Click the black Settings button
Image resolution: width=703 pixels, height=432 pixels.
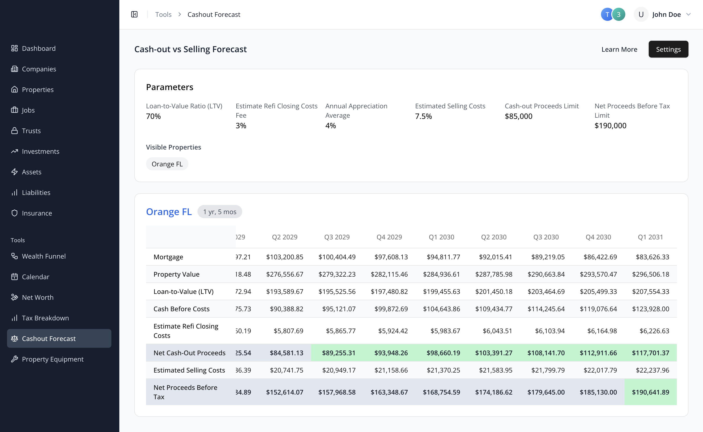pos(668,49)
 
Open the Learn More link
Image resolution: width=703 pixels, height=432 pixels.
pos(619,49)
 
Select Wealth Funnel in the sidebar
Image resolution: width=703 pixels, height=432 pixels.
pos(44,256)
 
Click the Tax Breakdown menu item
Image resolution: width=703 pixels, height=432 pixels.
pos(45,318)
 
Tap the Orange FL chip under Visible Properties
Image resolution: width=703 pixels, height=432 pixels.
pos(167,164)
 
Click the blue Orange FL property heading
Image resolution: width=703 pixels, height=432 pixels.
pos(169,212)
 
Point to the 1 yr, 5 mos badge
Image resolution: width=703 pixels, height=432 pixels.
pos(220,212)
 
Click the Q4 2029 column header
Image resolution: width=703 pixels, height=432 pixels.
pos(389,237)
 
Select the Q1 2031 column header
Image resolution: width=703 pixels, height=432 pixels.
pos(650,237)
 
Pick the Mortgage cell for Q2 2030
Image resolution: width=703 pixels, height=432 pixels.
pos(495,257)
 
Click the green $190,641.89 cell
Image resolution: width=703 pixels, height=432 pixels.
pos(650,392)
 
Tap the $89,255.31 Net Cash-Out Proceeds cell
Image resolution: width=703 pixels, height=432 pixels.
pos(338,353)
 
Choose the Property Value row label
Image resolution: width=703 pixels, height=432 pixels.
pos(176,274)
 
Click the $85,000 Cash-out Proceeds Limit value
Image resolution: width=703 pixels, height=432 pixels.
pos(518,116)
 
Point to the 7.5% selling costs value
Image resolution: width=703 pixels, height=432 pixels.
pos(423,116)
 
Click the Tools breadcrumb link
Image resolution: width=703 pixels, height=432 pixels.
pos(163,14)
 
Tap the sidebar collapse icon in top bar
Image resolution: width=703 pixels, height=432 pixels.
pos(134,14)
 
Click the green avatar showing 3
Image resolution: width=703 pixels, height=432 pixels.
pos(619,14)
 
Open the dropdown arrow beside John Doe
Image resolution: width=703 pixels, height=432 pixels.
pos(688,14)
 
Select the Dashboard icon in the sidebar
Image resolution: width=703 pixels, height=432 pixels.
pos(14,48)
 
